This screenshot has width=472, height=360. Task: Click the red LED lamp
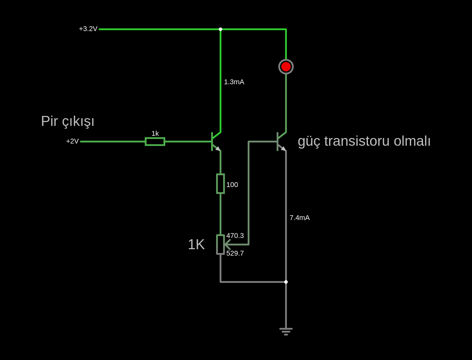click(286, 67)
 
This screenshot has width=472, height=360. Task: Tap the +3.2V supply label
click(88, 29)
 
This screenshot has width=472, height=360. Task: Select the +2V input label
click(72, 141)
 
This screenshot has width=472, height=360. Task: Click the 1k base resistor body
click(155, 142)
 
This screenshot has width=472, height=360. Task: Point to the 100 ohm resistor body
click(220, 184)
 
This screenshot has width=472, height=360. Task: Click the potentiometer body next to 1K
click(220, 245)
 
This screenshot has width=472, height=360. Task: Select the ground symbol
click(286, 331)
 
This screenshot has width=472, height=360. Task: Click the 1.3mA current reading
click(234, 82)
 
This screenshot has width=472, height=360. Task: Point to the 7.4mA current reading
click(299, 218)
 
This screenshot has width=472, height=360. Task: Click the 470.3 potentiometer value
click(235, 236)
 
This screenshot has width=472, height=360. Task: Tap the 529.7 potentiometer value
click(235, 253)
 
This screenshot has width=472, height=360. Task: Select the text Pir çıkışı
click(68, 121)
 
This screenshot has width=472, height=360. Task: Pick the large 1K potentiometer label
click(196, 244)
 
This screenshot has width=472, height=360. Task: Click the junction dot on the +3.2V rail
click(220, 29)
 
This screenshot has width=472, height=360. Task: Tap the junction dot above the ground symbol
click(286, 282)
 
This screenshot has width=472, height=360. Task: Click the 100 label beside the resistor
click(232, 185)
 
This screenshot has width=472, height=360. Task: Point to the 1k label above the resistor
click(155, 134)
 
